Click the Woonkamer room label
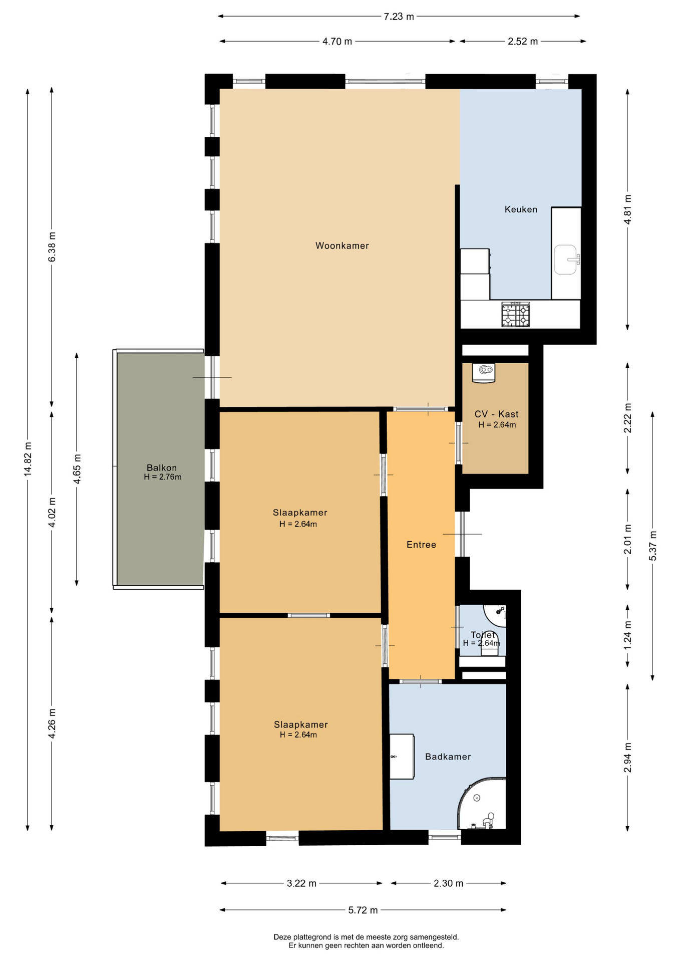342,246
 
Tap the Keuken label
521,209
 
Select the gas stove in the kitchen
516,315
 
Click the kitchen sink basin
566,260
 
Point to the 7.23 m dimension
399,17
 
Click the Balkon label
162,468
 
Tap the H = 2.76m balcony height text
163,477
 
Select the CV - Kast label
496,414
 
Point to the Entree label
421,545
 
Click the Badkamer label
448,757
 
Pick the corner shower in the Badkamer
482,803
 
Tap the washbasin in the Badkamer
402,757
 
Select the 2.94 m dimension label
627,758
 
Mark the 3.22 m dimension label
301,883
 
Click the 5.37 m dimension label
652,545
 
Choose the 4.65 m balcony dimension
77,469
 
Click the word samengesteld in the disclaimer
434,937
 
